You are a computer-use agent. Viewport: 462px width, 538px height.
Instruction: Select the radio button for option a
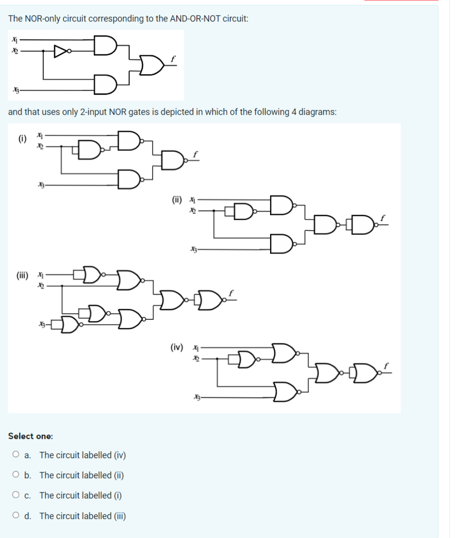[x=16, y=455]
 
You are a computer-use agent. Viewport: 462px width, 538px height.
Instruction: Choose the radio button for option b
[x=16, y=475]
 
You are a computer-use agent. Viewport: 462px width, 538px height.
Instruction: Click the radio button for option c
[x=16, y=495]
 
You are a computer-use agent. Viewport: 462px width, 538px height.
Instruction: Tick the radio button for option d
[x=16, y=516]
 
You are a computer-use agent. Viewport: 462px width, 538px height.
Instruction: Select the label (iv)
[x=176, y=347]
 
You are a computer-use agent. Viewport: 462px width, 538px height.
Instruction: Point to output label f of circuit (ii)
[x=383, y=217]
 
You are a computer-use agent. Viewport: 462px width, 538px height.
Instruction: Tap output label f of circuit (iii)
[x=230, y=293]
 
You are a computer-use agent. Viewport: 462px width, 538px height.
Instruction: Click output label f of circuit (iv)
[x=387, y=365]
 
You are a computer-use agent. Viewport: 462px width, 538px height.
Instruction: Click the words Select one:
[x=30, y=436]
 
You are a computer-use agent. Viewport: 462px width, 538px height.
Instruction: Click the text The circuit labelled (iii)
[x=83, y=516]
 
